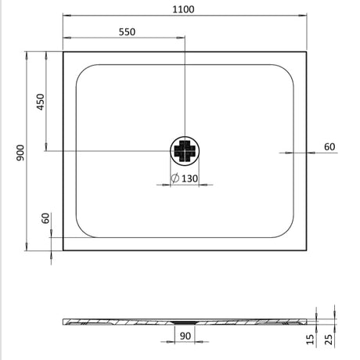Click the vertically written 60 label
pos(45,219)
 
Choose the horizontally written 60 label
pos(329,146)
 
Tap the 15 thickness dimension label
pos(311,339)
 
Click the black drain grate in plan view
pos(184,151)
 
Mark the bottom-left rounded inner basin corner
pos(81,233)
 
